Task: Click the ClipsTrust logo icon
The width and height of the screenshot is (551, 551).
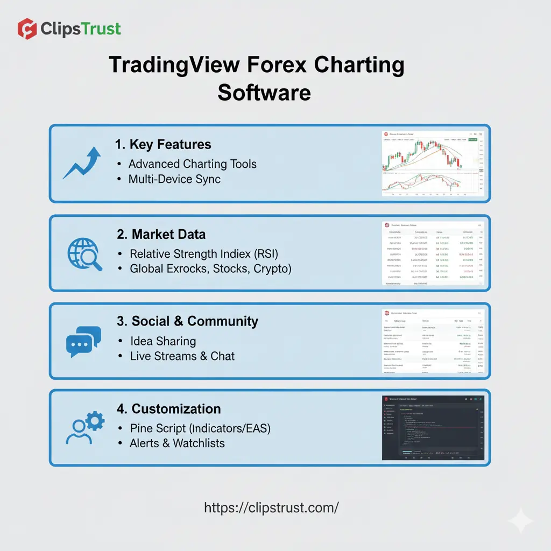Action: pos(27,29)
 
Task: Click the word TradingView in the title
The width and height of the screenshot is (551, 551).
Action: pos(174,65)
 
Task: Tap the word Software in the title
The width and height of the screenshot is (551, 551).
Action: pos(264,92)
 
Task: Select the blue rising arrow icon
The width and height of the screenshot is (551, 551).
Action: pos(81,163)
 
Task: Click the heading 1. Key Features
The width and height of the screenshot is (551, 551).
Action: pos(163,144)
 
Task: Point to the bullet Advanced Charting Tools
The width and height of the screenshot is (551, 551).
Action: pos(192,164)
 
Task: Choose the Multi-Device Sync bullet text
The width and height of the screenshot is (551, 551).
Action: pos(174,179)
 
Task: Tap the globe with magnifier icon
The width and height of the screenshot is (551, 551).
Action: pos(84,253)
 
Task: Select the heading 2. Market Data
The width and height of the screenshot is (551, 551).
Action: pos(161,234)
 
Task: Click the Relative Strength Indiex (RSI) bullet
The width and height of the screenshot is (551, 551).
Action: pos(204,253)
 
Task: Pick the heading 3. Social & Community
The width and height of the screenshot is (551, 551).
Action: pos(187,321)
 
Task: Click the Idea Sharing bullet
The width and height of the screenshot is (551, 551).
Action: pos(163,341)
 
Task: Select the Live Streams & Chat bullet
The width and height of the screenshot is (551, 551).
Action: pos(182,356)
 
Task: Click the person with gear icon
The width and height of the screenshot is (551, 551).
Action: pos(84,428)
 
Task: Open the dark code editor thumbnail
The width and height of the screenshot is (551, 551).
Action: pos(433,428)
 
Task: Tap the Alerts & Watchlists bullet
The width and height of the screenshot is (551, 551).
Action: pos(177,443)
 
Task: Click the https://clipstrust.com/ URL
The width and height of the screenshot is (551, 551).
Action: pos(271,507)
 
